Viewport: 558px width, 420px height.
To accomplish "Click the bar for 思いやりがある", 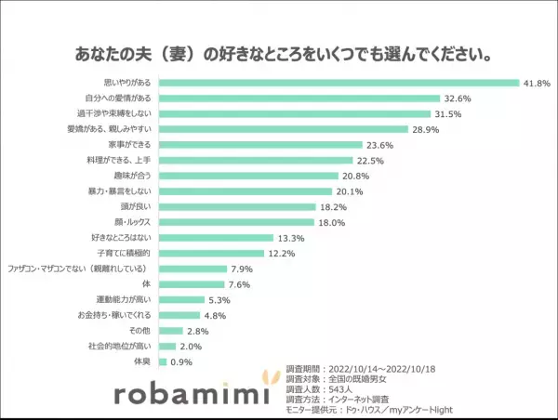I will tap(339, 83).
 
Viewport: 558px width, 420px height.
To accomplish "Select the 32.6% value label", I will tap(457, 98).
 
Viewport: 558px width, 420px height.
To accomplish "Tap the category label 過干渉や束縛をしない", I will tap(124, 114).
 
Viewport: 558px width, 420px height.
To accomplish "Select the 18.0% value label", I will tap(333, 223).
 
